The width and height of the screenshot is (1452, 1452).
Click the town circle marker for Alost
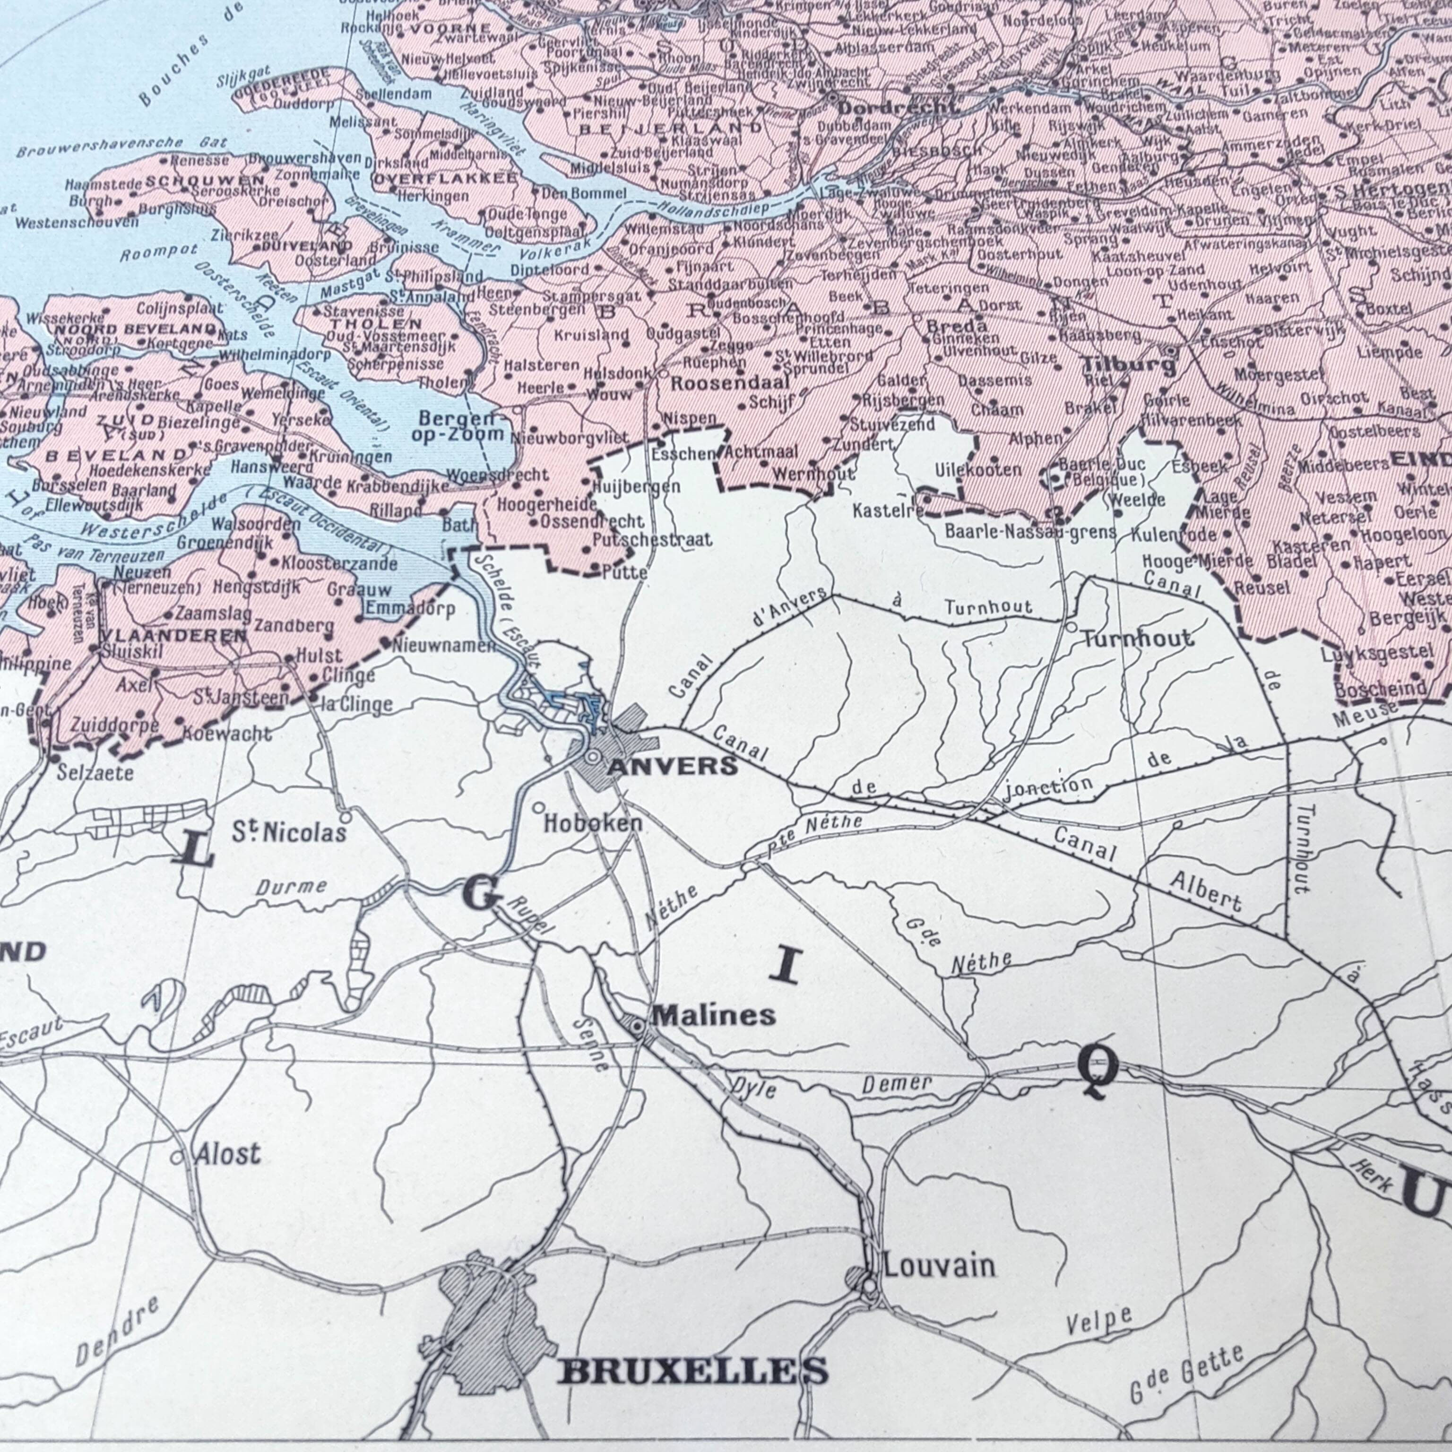click(177, 1158)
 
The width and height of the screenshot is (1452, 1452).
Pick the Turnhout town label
click(1137, 639)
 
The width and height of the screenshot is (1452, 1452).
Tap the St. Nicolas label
click(289, 831)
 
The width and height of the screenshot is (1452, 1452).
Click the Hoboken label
click(593, 823)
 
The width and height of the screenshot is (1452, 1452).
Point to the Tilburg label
click(1128, 366)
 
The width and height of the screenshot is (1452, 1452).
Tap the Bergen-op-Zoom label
click(461, 426)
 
